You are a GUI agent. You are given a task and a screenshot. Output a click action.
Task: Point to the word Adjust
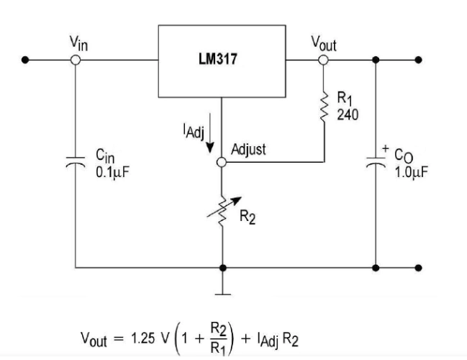click(250, 151)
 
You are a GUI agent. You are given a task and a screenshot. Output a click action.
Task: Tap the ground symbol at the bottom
click(222, 292)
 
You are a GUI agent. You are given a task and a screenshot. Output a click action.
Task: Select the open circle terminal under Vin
click(74, 60)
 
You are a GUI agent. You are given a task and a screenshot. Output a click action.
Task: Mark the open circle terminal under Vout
click(324, 60)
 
